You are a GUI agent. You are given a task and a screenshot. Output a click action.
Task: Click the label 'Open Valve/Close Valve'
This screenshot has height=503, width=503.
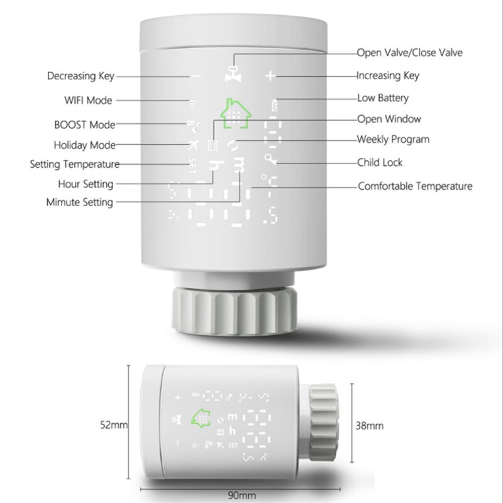[410, 53]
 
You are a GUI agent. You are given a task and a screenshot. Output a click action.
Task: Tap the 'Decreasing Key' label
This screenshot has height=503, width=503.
[80, 77]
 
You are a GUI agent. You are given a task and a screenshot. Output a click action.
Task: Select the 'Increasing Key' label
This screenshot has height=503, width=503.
[388, 75]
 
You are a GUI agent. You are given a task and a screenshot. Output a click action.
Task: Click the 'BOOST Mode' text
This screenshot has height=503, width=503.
[85, 124]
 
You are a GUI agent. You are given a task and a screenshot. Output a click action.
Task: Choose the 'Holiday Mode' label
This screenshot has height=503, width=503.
[85, 145]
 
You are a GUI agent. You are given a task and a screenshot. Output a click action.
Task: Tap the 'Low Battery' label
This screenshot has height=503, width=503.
[383, 97]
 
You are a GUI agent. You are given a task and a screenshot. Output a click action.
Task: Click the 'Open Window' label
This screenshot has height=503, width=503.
[389, 118]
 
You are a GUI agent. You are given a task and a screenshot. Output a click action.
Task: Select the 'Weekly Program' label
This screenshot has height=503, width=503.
[393, 139]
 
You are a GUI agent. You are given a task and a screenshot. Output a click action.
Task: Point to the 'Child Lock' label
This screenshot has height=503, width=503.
[380, 162]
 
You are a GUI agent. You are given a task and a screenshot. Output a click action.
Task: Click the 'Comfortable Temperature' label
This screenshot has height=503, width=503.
[415, 186]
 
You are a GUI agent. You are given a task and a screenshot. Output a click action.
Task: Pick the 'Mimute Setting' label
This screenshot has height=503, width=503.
[80, 202]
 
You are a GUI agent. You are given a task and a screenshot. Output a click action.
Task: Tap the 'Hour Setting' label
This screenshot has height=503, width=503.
[85, 184]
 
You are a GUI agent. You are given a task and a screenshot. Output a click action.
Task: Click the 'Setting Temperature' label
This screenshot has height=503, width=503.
[74, 165]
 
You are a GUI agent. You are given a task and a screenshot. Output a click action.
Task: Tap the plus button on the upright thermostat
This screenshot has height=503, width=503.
[270, 77]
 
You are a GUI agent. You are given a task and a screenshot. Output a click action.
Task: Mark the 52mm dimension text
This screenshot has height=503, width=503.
[114, 426]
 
